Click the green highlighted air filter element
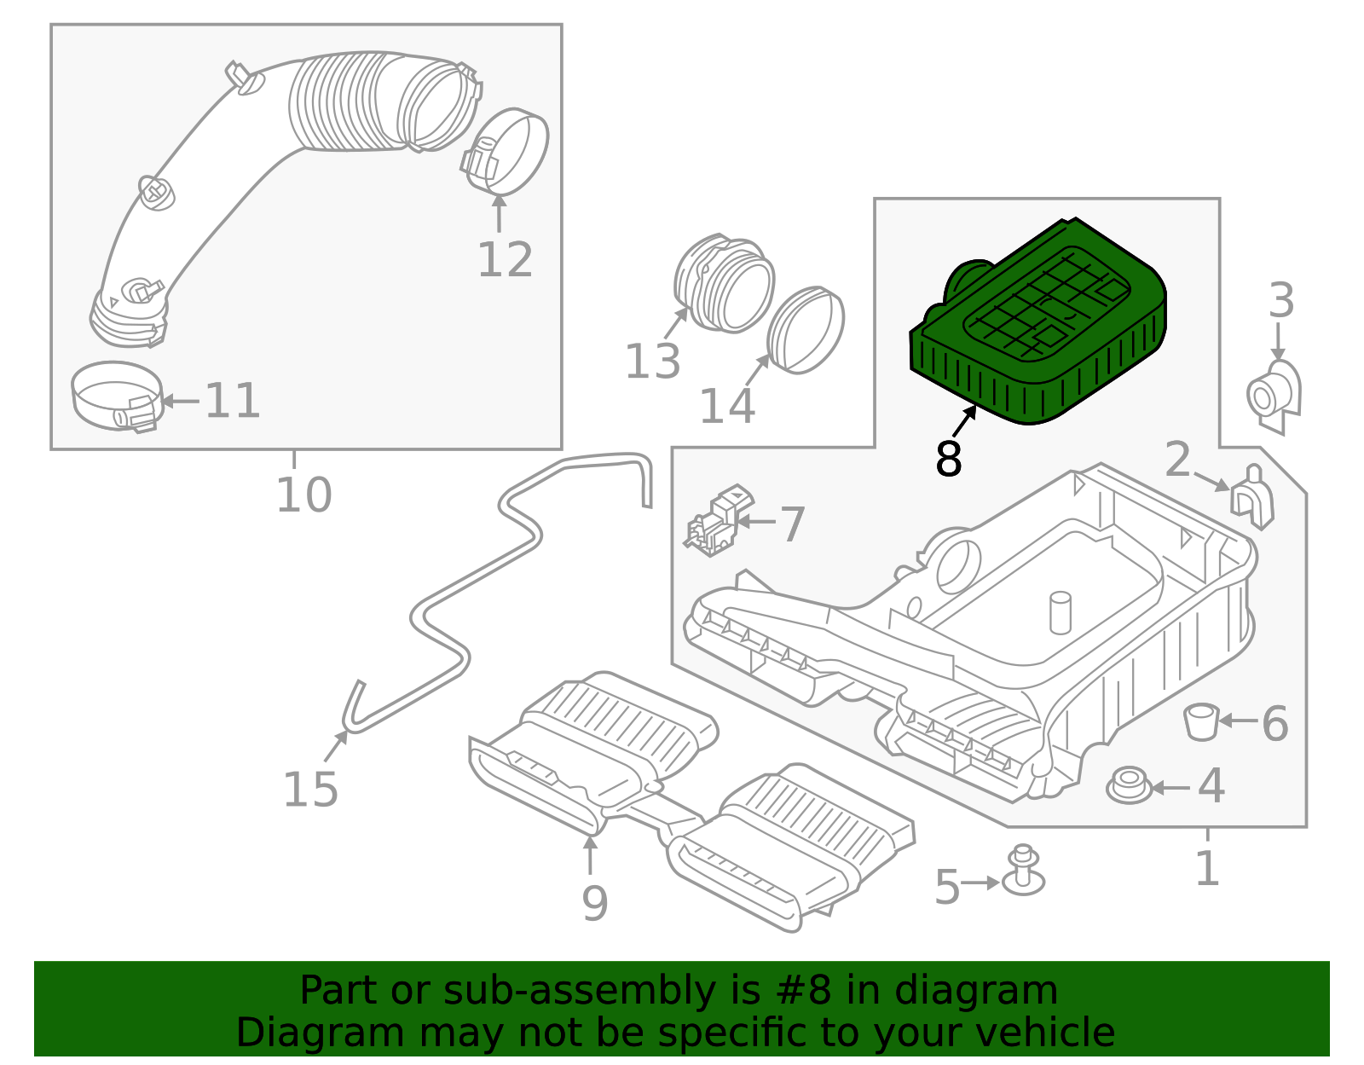pos(1040,324)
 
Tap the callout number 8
pos(948,460)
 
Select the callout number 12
pos(505,260)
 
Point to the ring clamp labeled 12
pos(510,152)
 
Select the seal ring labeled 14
pos(806,330)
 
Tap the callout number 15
pos(310,790)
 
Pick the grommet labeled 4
pos(1129,785)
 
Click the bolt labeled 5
pos(1024,871)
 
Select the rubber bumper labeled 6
pos(1201,721)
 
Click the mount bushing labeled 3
pos(1274,395)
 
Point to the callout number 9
pos(594,903)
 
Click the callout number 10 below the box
pos(303,495)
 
